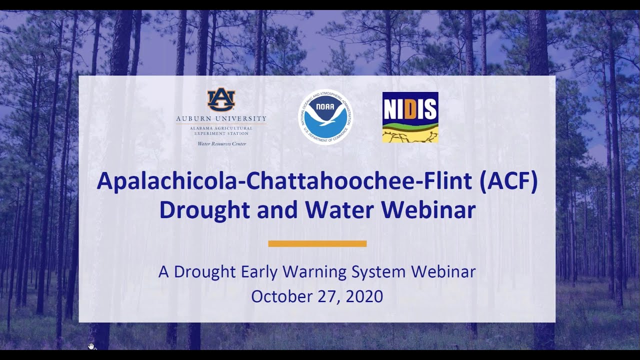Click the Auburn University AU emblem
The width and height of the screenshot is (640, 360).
tap(221, 100)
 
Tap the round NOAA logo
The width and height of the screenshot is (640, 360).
tap(325, 117)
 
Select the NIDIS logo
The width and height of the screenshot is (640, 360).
tap(410, 117)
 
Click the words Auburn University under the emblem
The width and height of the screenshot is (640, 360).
tap(221, 118)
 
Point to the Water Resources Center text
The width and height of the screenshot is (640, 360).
tap(221, 144)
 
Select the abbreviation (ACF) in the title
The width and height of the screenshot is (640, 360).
tap(508, 181)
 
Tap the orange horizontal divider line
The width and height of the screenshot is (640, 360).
tap(317, 243)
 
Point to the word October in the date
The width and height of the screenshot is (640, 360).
tap(282, 296)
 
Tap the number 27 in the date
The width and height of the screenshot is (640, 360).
tap(327, 296)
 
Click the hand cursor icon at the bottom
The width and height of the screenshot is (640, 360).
tap(91, 346)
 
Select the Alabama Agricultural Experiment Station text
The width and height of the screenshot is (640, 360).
tap(221, 131)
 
